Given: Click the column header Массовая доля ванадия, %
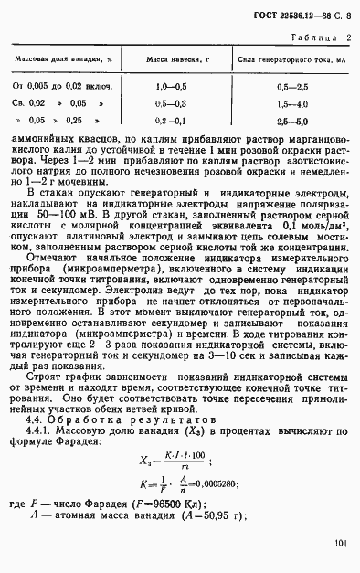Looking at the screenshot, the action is (x=61, y=58).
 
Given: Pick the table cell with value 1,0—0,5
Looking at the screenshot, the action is (x=171, y=85).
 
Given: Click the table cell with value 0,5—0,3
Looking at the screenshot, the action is (x=171, y=103).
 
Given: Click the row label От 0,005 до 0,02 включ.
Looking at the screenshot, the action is (x=61, y=85).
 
